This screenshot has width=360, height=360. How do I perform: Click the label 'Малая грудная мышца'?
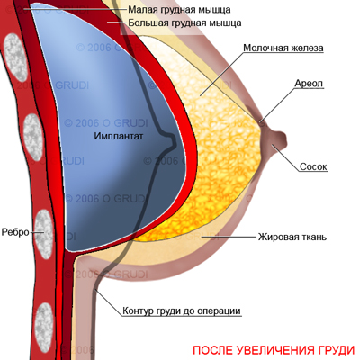pos(179,10)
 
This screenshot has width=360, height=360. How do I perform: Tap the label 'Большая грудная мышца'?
pos(184,22)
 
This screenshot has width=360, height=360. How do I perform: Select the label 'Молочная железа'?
pos(283,48)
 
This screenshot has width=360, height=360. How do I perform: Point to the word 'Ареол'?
pos(309,84)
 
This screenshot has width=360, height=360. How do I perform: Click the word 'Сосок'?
pos(313,166)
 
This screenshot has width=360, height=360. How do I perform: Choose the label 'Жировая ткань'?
pos(292,238)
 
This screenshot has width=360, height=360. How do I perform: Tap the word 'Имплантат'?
pos(119,136)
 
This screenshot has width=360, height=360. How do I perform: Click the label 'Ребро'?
pos(15,232)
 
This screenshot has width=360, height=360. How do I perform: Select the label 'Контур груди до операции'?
pos(182,310)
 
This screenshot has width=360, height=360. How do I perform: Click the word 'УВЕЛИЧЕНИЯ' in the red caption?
pos(267,350)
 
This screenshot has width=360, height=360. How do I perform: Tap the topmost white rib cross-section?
pos(15,58)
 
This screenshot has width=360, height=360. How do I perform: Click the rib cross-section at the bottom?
pos(44,327)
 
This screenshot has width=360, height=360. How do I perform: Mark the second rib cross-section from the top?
pos(33,138)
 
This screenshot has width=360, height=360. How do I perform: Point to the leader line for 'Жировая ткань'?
pos(229,237)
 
